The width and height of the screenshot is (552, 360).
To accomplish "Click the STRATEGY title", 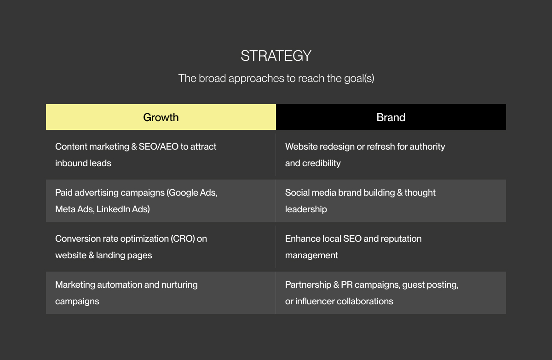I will pyautogui.click(x=276, y=56).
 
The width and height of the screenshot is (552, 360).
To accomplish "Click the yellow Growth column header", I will pyautogui.click(x=161, y=117).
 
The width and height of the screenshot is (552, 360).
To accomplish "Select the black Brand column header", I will pyautogui.click(x=391, y=117).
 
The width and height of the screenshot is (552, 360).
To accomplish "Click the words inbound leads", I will pyautogui.click(x=83, y=163).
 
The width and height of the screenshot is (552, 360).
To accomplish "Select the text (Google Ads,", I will pyautogui.click(x=192, y=192).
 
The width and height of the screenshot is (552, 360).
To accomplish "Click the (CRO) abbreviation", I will pyautogui.click(x=183, y=238).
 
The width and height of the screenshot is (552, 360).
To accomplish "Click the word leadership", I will pyautogui.click(x=306, y=209).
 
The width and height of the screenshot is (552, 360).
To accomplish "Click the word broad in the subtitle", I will pyautogui.click(x=213, y=78).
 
